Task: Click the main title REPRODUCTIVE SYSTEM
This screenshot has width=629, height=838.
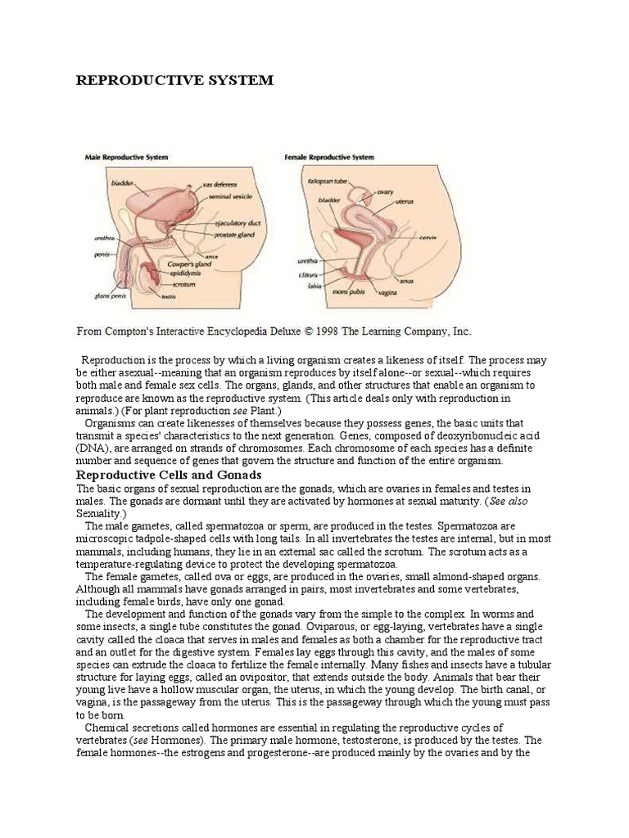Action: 174,80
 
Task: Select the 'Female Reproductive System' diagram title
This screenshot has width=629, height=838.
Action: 328,156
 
